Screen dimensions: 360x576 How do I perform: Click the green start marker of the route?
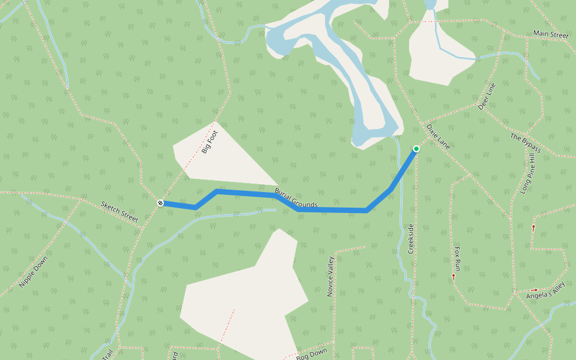(416, 149)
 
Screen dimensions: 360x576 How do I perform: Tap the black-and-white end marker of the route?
(161, 203)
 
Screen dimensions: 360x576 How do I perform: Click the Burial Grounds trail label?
(296, 198)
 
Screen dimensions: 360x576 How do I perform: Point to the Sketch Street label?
(119, 212)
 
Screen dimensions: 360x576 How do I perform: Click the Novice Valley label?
(330, 277)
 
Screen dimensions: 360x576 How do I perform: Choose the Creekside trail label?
(411, 239)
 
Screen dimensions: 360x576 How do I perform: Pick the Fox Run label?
(457, 258)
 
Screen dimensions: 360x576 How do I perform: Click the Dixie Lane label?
(438, 137)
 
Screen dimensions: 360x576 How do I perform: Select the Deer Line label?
(487, 97)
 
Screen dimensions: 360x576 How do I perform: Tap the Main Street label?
(550, 35)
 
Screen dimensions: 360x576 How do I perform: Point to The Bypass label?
(526, 143)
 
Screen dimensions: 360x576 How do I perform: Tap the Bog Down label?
(311, 354)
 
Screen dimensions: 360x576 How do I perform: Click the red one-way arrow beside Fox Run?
(454, 277)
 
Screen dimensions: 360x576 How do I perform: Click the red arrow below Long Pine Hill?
(533, 227)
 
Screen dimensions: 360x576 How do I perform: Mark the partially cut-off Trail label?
(108, 354)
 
